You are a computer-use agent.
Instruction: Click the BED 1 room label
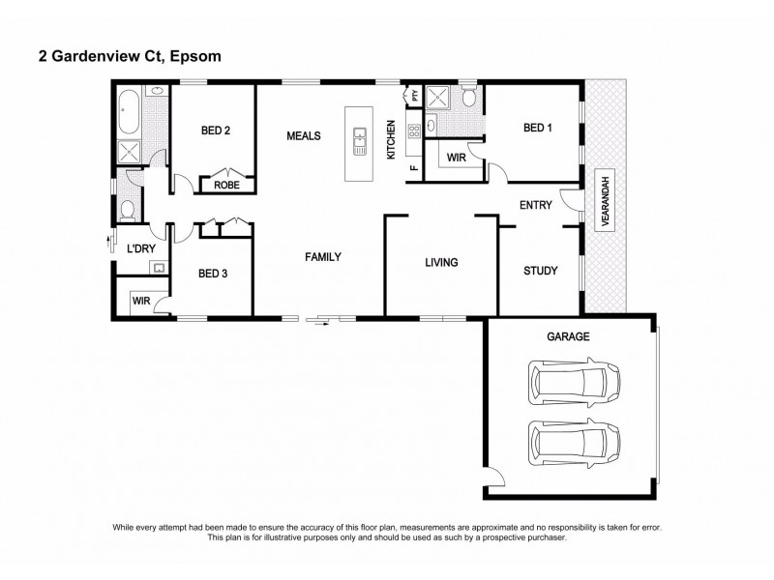coord(538,128)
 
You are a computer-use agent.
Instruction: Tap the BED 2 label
coord(215,130)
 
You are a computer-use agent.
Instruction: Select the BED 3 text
coord(213,274)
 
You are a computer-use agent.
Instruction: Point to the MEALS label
coord(303,136)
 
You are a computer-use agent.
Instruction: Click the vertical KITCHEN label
coord(391,141)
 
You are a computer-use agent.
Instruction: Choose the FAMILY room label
coord(323,256)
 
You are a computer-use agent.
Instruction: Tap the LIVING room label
coord(440,262)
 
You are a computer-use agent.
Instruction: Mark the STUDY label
coord(539,271)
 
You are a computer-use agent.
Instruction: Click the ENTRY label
coord(536,205)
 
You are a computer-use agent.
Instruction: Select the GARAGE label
coord(570,335)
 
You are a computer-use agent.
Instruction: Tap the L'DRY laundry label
coord(141,249)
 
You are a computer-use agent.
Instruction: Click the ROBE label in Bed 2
coord(226,184)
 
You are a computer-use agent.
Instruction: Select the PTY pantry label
coord(415,95)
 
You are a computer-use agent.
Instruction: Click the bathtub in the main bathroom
coord(128,113)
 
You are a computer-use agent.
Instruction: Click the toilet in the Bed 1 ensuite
coord(468,97)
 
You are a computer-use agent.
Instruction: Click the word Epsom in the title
coord(195,57)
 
